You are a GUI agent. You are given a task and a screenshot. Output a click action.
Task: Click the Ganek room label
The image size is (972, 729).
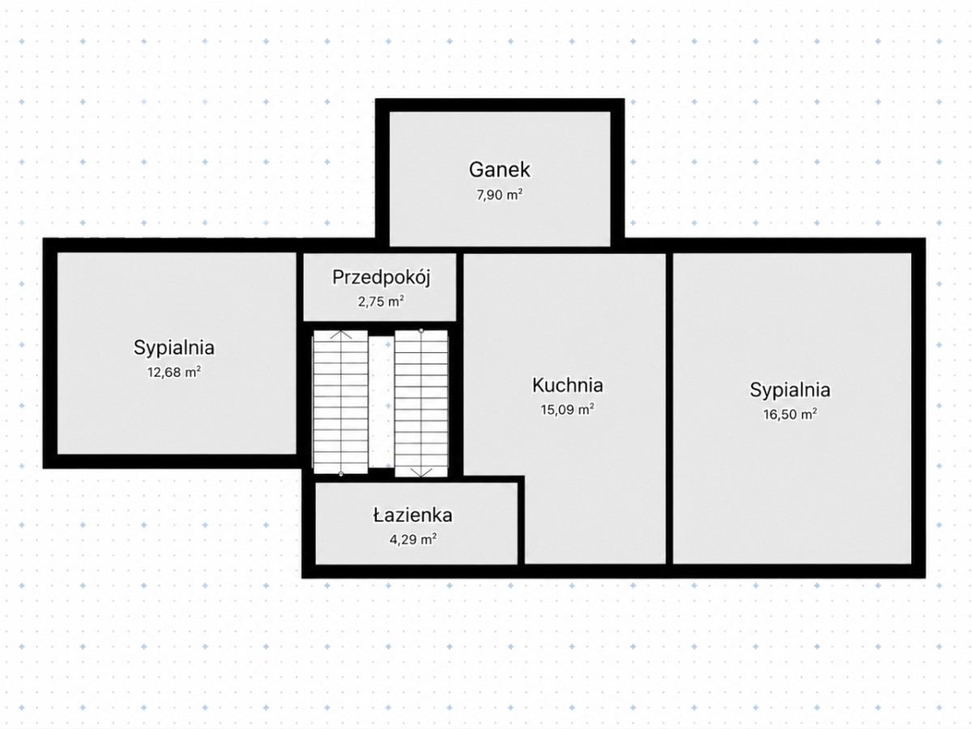[x=500, y=169]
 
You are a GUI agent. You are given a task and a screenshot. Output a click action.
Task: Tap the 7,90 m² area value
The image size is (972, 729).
[x=500, y=194]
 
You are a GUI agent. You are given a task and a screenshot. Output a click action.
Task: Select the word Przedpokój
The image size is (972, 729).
[x=382, y=278]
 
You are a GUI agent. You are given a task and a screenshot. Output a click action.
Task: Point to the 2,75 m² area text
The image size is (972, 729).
[x=381, y=301]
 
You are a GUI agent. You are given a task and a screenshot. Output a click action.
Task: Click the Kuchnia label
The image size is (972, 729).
[x=567, y=385]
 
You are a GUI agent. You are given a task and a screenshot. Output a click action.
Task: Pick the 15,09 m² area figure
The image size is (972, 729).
[x=567, y=409]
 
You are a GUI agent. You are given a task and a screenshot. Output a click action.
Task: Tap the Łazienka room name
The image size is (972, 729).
[x=413, y=515]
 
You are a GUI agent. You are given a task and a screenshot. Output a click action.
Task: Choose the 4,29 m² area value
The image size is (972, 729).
[x=413, y=539]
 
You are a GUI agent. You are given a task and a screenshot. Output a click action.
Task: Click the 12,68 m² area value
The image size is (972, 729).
[x=174, y=373]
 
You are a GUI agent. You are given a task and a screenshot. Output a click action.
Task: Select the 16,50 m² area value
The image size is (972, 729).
[x=790, y=414]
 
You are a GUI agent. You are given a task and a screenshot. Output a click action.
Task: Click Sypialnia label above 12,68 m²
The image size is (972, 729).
[x=174, y=348]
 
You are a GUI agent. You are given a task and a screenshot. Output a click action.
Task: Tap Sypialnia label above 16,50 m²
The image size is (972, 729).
[x=790, y=390]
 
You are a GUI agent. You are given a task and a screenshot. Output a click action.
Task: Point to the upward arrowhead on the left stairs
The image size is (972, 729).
[x=340, y=335]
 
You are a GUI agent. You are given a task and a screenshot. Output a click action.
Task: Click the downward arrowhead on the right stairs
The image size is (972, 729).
[x=421, y=473]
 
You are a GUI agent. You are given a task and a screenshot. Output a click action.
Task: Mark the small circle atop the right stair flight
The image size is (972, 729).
[x=421, y=330]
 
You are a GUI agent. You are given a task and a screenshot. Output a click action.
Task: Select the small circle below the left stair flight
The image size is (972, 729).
[x=340, y=474]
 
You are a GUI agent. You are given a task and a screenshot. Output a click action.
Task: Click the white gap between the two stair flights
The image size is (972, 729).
[x=382, y=402]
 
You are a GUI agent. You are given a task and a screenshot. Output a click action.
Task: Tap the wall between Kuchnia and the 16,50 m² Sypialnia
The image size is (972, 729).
[x=670, y=408]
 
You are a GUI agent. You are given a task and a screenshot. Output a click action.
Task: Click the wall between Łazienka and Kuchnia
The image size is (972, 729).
[x=521, y=520]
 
